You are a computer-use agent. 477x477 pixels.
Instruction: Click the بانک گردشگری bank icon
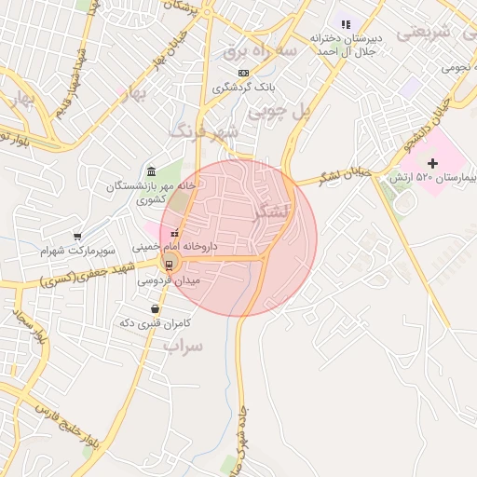pos(243,73)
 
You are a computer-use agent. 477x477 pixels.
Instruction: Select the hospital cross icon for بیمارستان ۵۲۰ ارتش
pos(432,163)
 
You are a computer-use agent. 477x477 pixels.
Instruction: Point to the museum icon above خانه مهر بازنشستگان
pos(152,171)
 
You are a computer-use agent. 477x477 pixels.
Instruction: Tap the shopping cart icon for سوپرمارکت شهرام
pos(77,237)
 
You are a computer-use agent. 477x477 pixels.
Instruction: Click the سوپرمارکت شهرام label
pos(78,252)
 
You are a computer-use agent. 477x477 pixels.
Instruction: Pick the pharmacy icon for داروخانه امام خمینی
pos(175,233)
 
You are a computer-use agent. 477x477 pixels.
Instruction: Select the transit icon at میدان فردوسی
pos(169,264)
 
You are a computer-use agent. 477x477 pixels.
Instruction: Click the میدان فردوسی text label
pos(168,279)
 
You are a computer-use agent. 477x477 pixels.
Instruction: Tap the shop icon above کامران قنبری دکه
pos(155,308)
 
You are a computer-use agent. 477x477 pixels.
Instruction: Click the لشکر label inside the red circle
pos(272,211)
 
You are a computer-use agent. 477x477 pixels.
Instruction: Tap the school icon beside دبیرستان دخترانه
pos(346,23)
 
